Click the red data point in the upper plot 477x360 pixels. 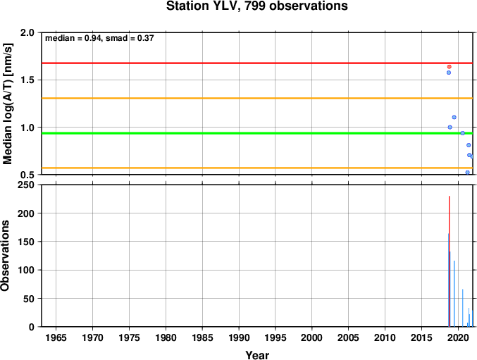[x=450, y=67]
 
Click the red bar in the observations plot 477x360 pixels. [x=450, y=261]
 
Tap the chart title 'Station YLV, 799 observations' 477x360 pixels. [x=256, y=6]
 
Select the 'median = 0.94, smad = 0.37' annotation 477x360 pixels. [x=99, y=38]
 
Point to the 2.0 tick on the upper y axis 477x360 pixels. [x=27, y=32]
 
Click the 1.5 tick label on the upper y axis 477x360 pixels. [x=27, y=80]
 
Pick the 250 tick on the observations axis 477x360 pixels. [x=26, y=185]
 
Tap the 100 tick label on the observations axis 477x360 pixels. [x=26, y=270]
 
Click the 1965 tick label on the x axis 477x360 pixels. [x=56, y=337]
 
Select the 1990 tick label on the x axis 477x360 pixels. [x=239, y=337]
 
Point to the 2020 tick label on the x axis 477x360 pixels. [x=458, y=337]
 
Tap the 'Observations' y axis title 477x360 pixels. [x=5, y=256]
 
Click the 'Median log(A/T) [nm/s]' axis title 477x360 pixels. [x=7, y=104]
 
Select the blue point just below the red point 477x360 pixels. [x=448, y=73]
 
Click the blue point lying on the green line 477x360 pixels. [x=462, y=133]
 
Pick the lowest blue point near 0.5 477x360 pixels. [x=467, y=173]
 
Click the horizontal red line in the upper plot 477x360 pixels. [x=257, y=63]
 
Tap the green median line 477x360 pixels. [x=257, y=133]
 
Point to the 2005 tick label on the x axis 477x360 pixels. [x=348, y=337]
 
